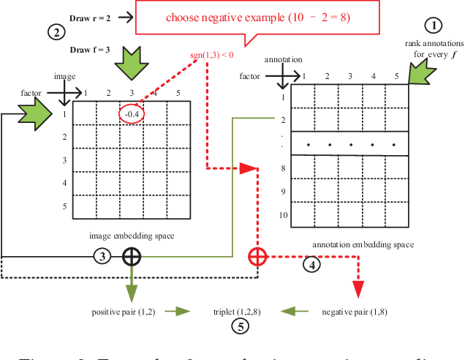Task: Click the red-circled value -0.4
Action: point(132,113)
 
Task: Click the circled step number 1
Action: point(434,26)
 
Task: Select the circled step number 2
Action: point(56,31)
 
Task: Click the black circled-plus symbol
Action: point(131,256)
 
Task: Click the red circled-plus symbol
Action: point(257,257)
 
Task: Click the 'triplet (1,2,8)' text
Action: point(238,311)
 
